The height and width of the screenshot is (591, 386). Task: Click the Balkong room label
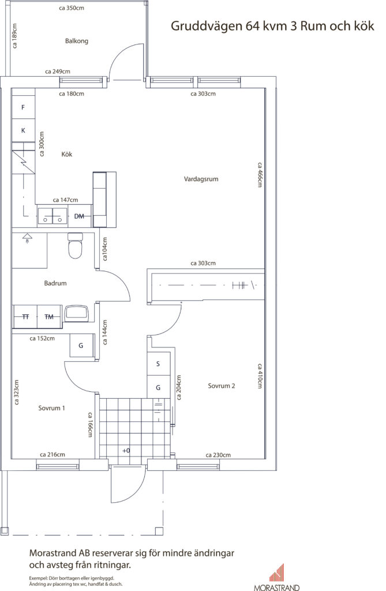point(77,41)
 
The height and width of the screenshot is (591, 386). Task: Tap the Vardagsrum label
point(201,179)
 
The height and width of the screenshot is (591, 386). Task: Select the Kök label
point(67,154)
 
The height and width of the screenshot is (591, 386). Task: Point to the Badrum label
point(55,283)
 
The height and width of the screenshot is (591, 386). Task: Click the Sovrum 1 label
point(52,408)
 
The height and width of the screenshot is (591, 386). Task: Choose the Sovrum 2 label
point(222,386)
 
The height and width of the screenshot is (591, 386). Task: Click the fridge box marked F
point(23,107)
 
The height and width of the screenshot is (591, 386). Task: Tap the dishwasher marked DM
point(80,216)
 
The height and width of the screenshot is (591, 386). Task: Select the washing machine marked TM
point(50,317)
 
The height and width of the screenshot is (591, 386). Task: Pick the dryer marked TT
point(25,317)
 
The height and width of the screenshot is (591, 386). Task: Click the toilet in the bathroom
point(75,246)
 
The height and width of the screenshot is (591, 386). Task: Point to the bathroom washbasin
point(77,313)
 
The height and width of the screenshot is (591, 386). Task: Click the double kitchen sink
point(53,216)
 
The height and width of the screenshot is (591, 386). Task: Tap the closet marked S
point(158,364)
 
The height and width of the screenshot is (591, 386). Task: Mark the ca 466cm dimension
point(260,175)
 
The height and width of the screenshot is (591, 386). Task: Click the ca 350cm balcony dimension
point(72,8)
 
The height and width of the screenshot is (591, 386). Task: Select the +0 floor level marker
point(126,450)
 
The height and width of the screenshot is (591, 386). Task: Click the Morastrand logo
point(277,577)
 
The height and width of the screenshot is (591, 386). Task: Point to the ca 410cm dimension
point(260,376)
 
